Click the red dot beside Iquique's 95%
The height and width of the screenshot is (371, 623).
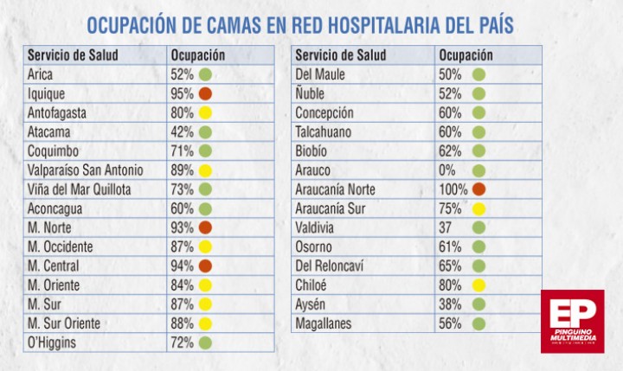point(205,93)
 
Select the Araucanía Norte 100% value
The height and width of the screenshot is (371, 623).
point(453,189)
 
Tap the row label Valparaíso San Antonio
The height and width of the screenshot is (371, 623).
point(85,170)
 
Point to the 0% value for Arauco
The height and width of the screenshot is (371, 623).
point(447,170)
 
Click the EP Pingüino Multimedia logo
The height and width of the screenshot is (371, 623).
point(573,322)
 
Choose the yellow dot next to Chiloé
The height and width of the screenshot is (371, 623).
point(478,285)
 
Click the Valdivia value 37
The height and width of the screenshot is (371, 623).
point(445,228)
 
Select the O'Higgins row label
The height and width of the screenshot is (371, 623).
point(52,342)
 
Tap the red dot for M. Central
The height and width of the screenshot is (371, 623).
point(205,265)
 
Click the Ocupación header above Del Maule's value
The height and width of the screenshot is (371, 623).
point(466,55)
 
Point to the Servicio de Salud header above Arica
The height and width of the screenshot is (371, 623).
point(73,54)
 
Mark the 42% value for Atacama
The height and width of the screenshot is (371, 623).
point(182,131)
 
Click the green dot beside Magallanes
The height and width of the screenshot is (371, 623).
point(478,323)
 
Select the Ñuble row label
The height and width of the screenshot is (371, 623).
point(310,93)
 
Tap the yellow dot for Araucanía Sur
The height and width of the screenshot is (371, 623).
point(478,209)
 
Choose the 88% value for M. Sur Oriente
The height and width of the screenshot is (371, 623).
point(182,323)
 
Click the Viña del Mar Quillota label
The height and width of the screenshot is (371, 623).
point(79,189)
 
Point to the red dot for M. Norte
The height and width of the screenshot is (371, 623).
point(205,227)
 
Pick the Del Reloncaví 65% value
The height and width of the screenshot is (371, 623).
point(450,266)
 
